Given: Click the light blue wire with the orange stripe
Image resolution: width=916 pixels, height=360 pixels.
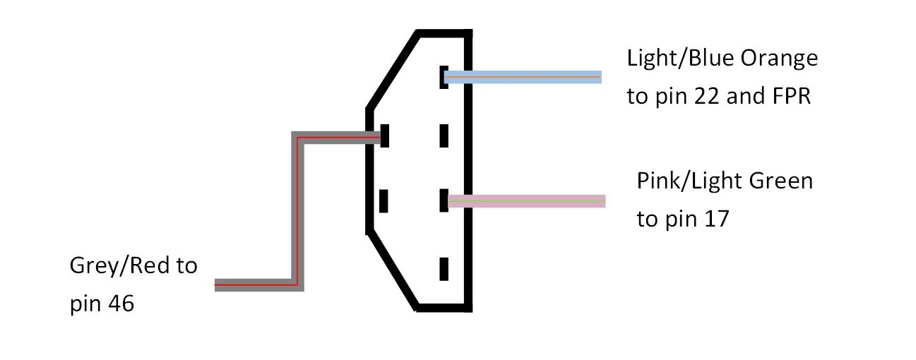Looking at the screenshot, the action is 523,77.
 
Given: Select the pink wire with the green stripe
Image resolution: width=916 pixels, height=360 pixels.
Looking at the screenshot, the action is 527,201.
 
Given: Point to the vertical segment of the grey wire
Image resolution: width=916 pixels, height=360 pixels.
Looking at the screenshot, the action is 298,211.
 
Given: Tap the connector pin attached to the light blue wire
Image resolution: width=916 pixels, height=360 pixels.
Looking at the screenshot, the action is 444,77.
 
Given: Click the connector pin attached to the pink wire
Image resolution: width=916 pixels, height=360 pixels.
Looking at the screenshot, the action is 444,200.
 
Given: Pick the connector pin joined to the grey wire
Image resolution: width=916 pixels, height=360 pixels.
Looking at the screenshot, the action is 384,136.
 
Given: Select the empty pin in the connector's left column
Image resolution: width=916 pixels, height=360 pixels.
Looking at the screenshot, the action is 383,201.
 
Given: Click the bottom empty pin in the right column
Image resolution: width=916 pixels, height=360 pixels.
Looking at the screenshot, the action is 444,269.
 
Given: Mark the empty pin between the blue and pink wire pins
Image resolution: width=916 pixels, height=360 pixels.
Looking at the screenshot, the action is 444,136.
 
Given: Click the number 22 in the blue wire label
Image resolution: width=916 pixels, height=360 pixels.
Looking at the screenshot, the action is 706,97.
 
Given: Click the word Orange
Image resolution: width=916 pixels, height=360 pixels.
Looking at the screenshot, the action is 780,59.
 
